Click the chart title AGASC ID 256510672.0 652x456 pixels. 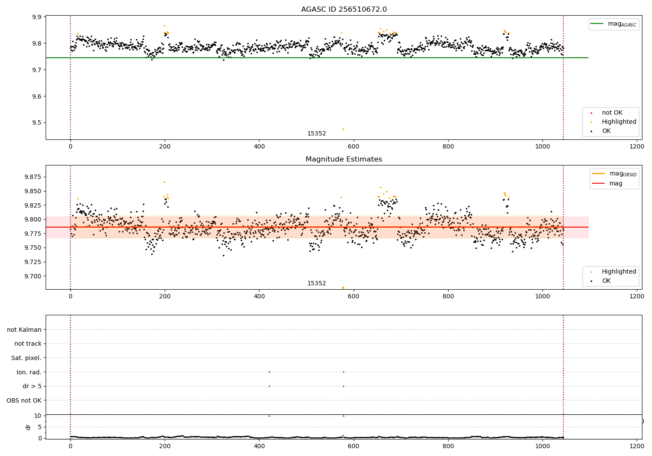(x=344, y=10)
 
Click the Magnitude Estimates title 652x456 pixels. (x=344, y=159)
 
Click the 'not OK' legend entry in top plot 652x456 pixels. (x=612, y=113)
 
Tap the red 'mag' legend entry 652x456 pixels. (x=615, y=184)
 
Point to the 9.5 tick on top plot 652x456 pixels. (x=36, y=123)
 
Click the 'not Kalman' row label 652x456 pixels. (x=24, y=330)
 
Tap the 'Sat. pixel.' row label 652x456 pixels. (x=27, y=358)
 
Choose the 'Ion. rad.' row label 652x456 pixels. (x=29, y=372)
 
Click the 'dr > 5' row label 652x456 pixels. (x=32, y=386)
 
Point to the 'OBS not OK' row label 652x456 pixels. (x=24, y=400)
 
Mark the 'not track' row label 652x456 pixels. (x=28, y=344)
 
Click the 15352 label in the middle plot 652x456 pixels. (x=316, y=284)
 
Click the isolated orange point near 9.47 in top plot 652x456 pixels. (x=343, y=129)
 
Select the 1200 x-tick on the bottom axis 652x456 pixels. (x=637, y=446)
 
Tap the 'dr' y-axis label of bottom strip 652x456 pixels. (x=28, y=427)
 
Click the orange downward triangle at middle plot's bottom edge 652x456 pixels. (x=343, y=288)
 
